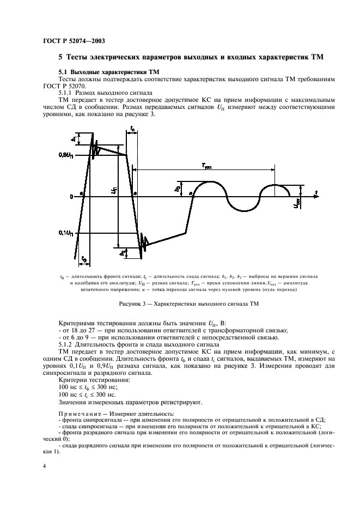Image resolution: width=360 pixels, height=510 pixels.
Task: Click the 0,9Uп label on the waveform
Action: click(x=64, y=156)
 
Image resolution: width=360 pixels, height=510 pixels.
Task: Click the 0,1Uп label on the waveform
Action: click(x=64, y=233)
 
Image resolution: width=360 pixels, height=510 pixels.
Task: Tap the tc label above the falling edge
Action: click(x=132, y=129)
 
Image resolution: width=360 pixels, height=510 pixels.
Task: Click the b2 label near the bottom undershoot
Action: click(x=123, y=252)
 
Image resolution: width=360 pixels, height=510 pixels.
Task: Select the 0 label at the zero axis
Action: click(x=70, y=195)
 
